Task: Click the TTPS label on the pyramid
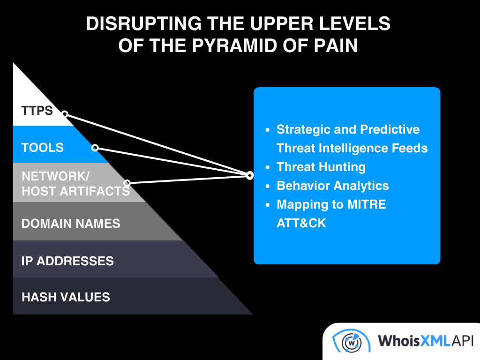click(x=37, y=111)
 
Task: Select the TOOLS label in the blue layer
click(x=43, y=148)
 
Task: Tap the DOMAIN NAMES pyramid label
click(x=71, y=223)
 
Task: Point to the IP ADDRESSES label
click(x=67, y=261)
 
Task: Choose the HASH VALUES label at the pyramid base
click(x=66, y=297)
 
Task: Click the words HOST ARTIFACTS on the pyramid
click(x=75, y=191)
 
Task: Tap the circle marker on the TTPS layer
click(x=65, y=114)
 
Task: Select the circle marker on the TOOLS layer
click(x=95, y=148)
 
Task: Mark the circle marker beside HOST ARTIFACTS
click(x=127, y=183)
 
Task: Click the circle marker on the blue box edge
click(x=250, y=176)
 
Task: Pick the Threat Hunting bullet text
click(x=321, y=167)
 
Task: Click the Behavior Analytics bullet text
click(x=333, y=186)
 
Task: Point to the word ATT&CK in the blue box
click(x=301, y=223)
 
